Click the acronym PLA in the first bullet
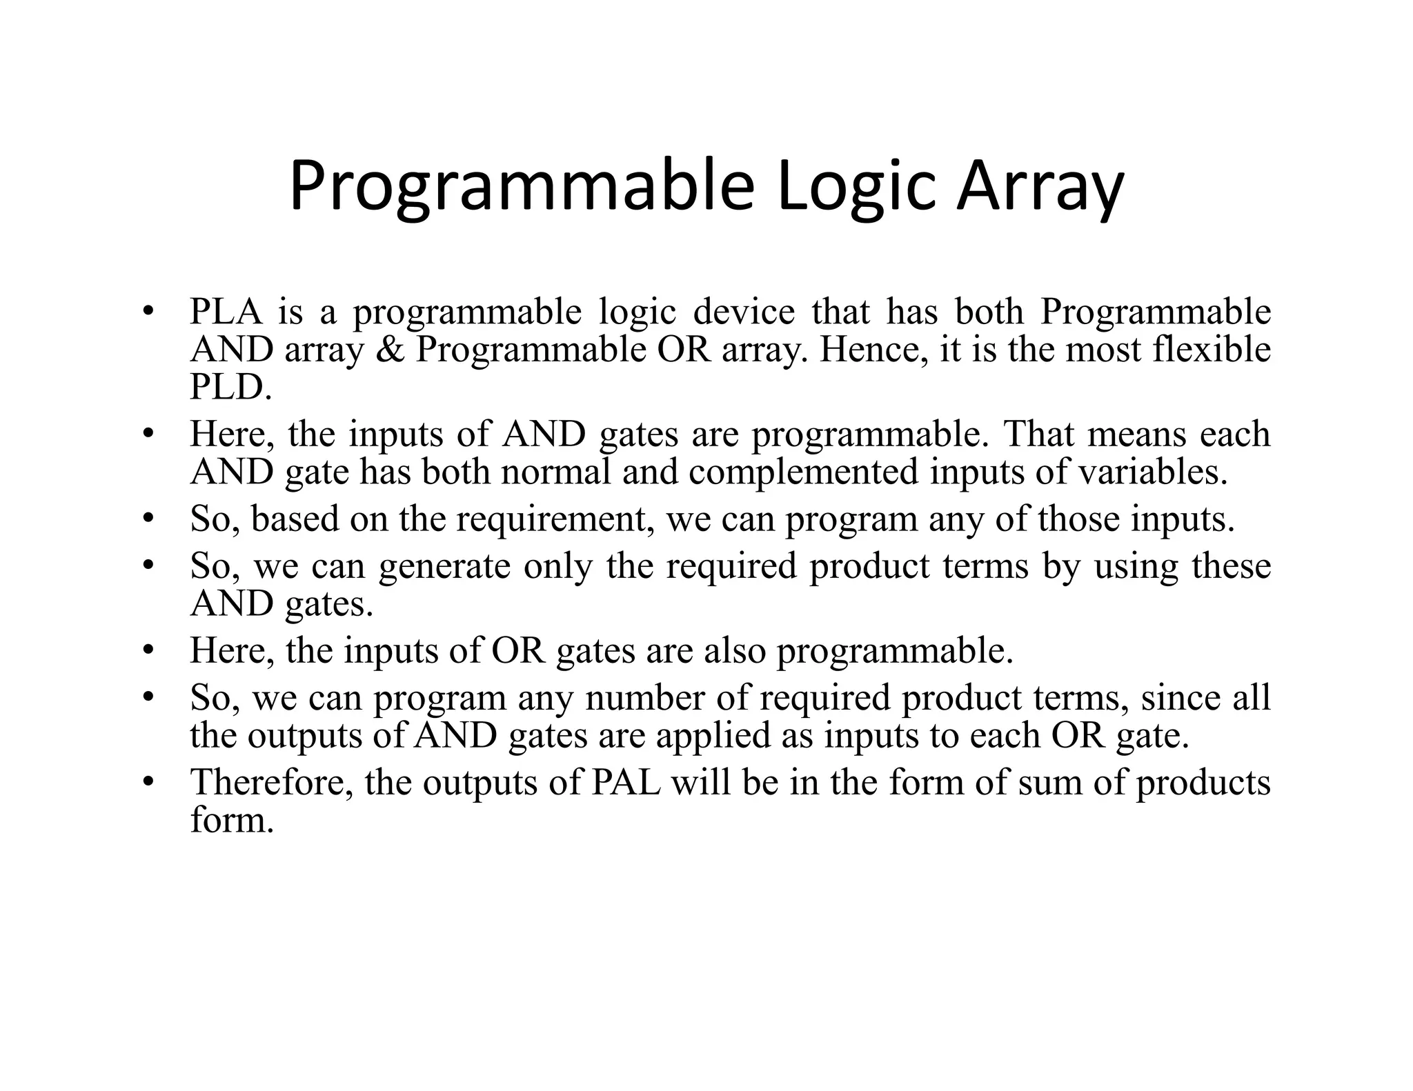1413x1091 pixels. pos(226,312)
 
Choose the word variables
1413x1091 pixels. pos(1153,472)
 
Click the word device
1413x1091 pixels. pos(744,312)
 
